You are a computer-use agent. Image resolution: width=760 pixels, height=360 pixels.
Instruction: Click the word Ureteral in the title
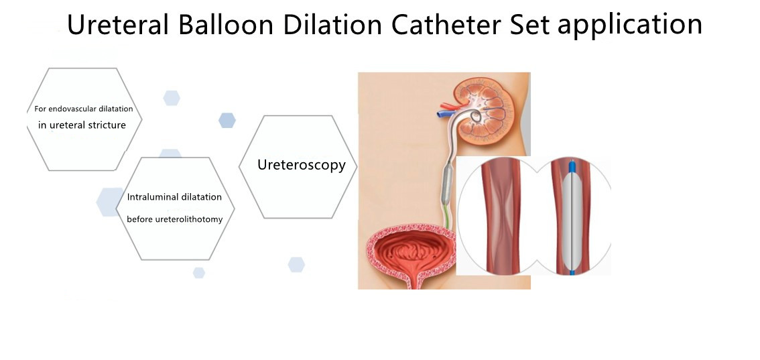(118, 24)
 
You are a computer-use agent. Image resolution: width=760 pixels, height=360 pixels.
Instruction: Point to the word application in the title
(629, 26)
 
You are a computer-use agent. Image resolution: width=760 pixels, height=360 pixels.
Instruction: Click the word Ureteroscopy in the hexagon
(302, 165)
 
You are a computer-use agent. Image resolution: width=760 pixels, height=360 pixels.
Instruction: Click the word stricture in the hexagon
(107, 125)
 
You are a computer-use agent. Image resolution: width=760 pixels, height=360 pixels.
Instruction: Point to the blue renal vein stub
(442, 115)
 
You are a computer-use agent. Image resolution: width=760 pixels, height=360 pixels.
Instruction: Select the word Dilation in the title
(332, 24)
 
